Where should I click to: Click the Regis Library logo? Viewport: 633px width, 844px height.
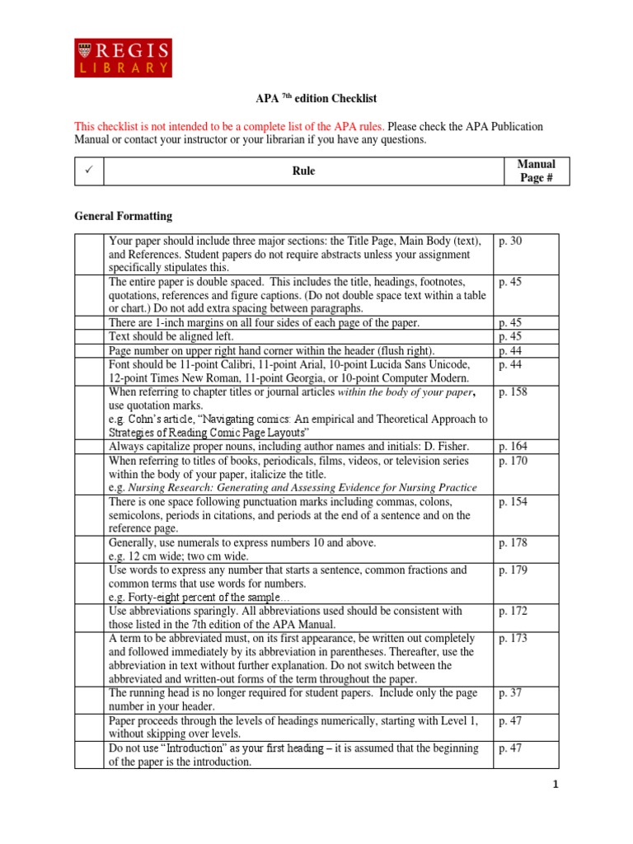pyautogui.click(x=124, y=57)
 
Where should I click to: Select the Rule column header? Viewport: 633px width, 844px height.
pyautogui.click(x=303, y=171)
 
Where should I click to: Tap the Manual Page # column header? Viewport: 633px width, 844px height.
pyautogui.click(x=536, y=171)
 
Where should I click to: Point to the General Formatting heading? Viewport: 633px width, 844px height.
pyautogui.click(x=124, y=216)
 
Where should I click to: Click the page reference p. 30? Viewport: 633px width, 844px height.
pyautogui.click(x=511, y=241)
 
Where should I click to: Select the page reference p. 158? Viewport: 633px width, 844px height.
pyautogui.click(x=513, y=392)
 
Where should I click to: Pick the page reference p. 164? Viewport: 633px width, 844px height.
pyautogui.click(x=513, y=447)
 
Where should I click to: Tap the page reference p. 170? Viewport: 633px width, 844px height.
pyautogui.click(x=513, y=461)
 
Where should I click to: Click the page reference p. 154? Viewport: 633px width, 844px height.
pyautogui.click(x=513, y=502)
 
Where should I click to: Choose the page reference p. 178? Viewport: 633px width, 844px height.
pyautogui.click(x=513, y=543)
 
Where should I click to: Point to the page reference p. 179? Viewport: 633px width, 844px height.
pyautogui.click(x=513, y=570)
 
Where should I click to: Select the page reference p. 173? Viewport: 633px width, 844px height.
pyautogui.click(x=513, y=639)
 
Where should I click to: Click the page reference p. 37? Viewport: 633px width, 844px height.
pyautogui.click(x=511, y=693)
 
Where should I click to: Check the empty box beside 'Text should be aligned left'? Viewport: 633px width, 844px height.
pyautogui.click(x=90, y=337)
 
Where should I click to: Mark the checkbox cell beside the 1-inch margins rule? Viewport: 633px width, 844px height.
pyautogui.click(x=90, y=323)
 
